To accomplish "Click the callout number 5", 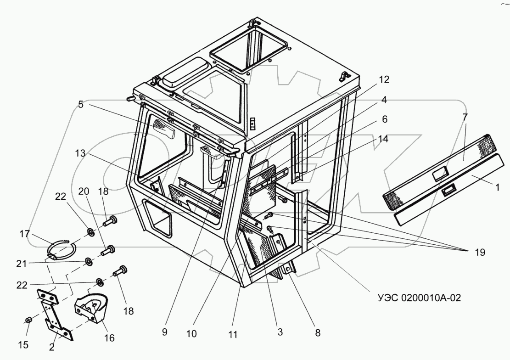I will click(81, 104).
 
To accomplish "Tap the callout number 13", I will click(81, 153).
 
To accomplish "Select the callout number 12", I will click(384, 79).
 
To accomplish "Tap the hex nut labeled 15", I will click(28, 319).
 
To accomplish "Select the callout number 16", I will click(108, 338).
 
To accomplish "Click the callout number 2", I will click(52, 347).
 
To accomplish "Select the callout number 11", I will click(233, 335).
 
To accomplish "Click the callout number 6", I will click(384, 119).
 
